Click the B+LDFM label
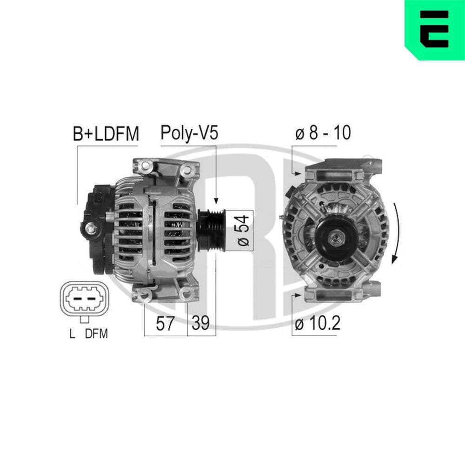point(106,133)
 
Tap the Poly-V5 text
point(189,133)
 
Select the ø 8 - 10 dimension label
point(323,133)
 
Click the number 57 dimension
point(165,323)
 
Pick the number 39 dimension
point(201,323)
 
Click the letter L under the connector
point(72,333)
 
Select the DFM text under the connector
point(96,333)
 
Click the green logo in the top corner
point(434,30)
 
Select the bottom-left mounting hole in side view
point(145,293)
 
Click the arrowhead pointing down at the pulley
point(216,200)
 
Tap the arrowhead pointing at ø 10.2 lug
point(298,295)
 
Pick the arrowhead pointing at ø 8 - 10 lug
point(298,173)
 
